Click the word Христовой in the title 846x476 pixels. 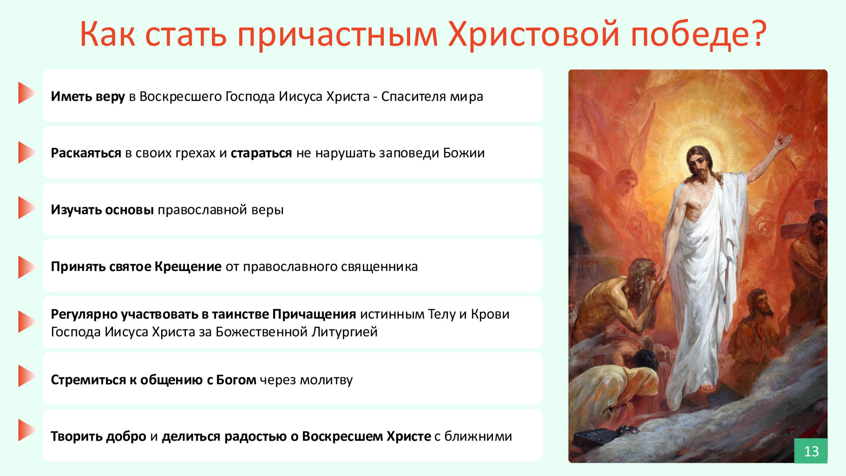(534, 34)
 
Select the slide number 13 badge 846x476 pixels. (811, 451)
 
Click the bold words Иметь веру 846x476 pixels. (88, 96)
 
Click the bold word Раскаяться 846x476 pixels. (86, 153)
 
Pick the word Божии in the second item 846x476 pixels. (464, 153)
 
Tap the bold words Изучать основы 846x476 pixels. (102, 210)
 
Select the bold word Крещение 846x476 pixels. (188, 267)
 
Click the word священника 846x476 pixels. (376, 267)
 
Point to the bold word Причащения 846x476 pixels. (314, 314)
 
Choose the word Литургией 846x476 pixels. (345, 332)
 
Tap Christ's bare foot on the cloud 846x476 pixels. (707, 387)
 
